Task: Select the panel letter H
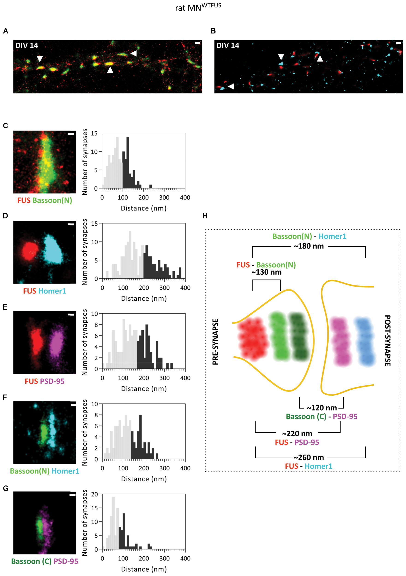click(x=205, y=216)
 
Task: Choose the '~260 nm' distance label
click(x=309, y=457)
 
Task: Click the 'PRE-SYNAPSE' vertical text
click(x=215, y=341)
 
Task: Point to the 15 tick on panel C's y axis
click(x=94, y=133)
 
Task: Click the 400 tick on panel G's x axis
click(x=185, y=558)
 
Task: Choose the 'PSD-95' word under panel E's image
click(x=52, y=381)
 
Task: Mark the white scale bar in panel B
click(x=398, y=43)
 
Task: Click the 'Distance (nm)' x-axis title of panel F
click(x=144, y=479)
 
